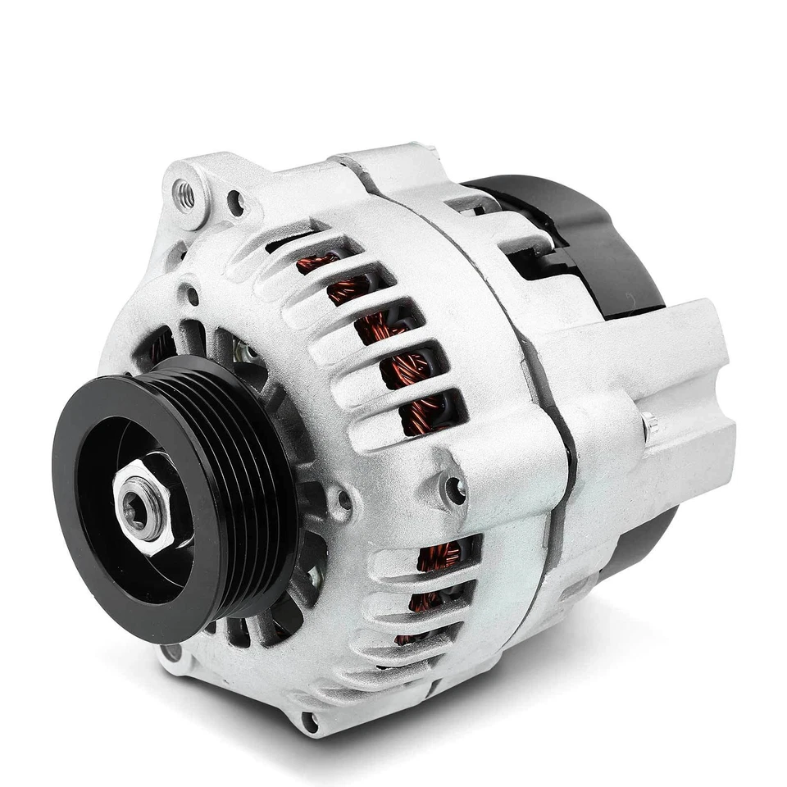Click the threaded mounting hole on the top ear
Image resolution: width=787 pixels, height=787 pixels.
coord(185,193)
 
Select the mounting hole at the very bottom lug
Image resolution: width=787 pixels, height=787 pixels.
coord(309,722)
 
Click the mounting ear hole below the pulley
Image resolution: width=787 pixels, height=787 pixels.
coord(171,653)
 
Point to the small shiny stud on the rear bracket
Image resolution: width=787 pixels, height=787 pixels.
coord(649,423)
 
